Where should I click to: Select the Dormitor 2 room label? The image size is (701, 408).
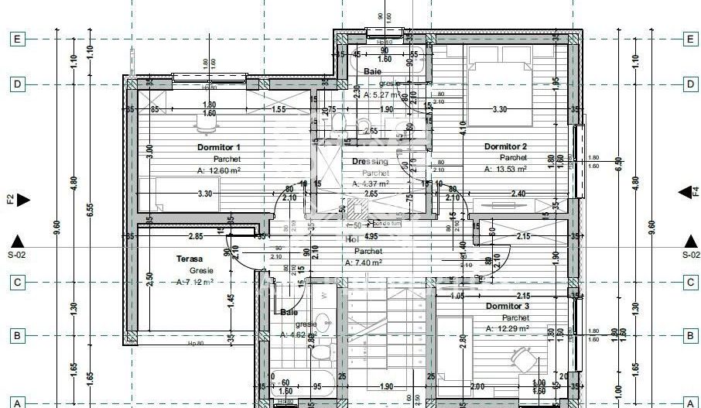pos(505,146)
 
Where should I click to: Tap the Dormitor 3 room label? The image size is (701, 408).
pos(508,307)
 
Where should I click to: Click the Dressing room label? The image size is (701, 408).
pos(370,162)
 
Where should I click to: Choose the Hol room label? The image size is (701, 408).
pos(352,239)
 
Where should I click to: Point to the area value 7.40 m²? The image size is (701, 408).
pos(367,262)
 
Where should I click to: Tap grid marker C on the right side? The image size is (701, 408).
pos(690,283)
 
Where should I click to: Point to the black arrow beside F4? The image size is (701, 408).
pos(685,193)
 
